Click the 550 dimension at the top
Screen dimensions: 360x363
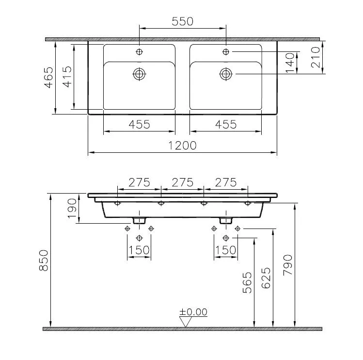click(182, 21)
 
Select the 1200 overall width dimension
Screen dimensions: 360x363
click(182, 146)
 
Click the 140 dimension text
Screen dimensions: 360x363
click(290, 64)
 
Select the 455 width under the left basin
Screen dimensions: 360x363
click(139, 124)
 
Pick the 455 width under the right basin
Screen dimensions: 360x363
click(226, 124)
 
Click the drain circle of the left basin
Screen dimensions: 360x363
click(139, 74)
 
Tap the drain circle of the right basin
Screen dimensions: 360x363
click(226, 74)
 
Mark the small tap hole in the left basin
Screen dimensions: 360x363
click(139, 51)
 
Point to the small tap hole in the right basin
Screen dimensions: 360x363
click(226, 51)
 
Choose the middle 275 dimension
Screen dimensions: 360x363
click(182, 182)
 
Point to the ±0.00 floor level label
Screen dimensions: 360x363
click(193, 311)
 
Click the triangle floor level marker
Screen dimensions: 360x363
click(185, 322)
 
